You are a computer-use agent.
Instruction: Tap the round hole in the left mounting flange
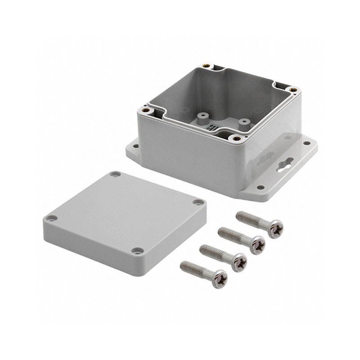point(135,146)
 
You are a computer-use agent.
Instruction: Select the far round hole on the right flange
point(307,144)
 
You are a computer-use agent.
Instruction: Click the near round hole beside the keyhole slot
point(260,186)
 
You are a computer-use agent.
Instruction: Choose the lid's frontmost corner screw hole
point(136,250)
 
